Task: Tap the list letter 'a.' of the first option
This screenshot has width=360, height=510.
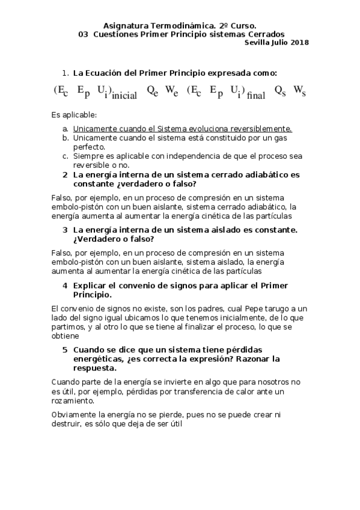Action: point(65,129)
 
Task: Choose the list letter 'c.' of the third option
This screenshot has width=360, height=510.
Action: point(65,156)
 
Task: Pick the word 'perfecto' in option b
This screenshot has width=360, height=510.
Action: point(89,147)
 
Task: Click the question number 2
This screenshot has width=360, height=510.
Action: point(65,174)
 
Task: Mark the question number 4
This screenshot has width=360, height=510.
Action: point(65,285)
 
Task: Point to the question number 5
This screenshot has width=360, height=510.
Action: point(65,349)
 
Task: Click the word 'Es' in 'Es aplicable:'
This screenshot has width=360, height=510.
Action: point(56,114)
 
